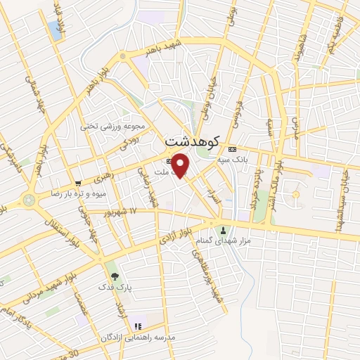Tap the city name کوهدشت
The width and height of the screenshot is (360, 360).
point(192,141)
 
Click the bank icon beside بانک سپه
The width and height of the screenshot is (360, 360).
point(233,149)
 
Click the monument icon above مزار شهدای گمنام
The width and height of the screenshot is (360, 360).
point(224,230)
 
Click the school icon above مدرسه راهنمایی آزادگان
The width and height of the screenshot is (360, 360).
point(138,326)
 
